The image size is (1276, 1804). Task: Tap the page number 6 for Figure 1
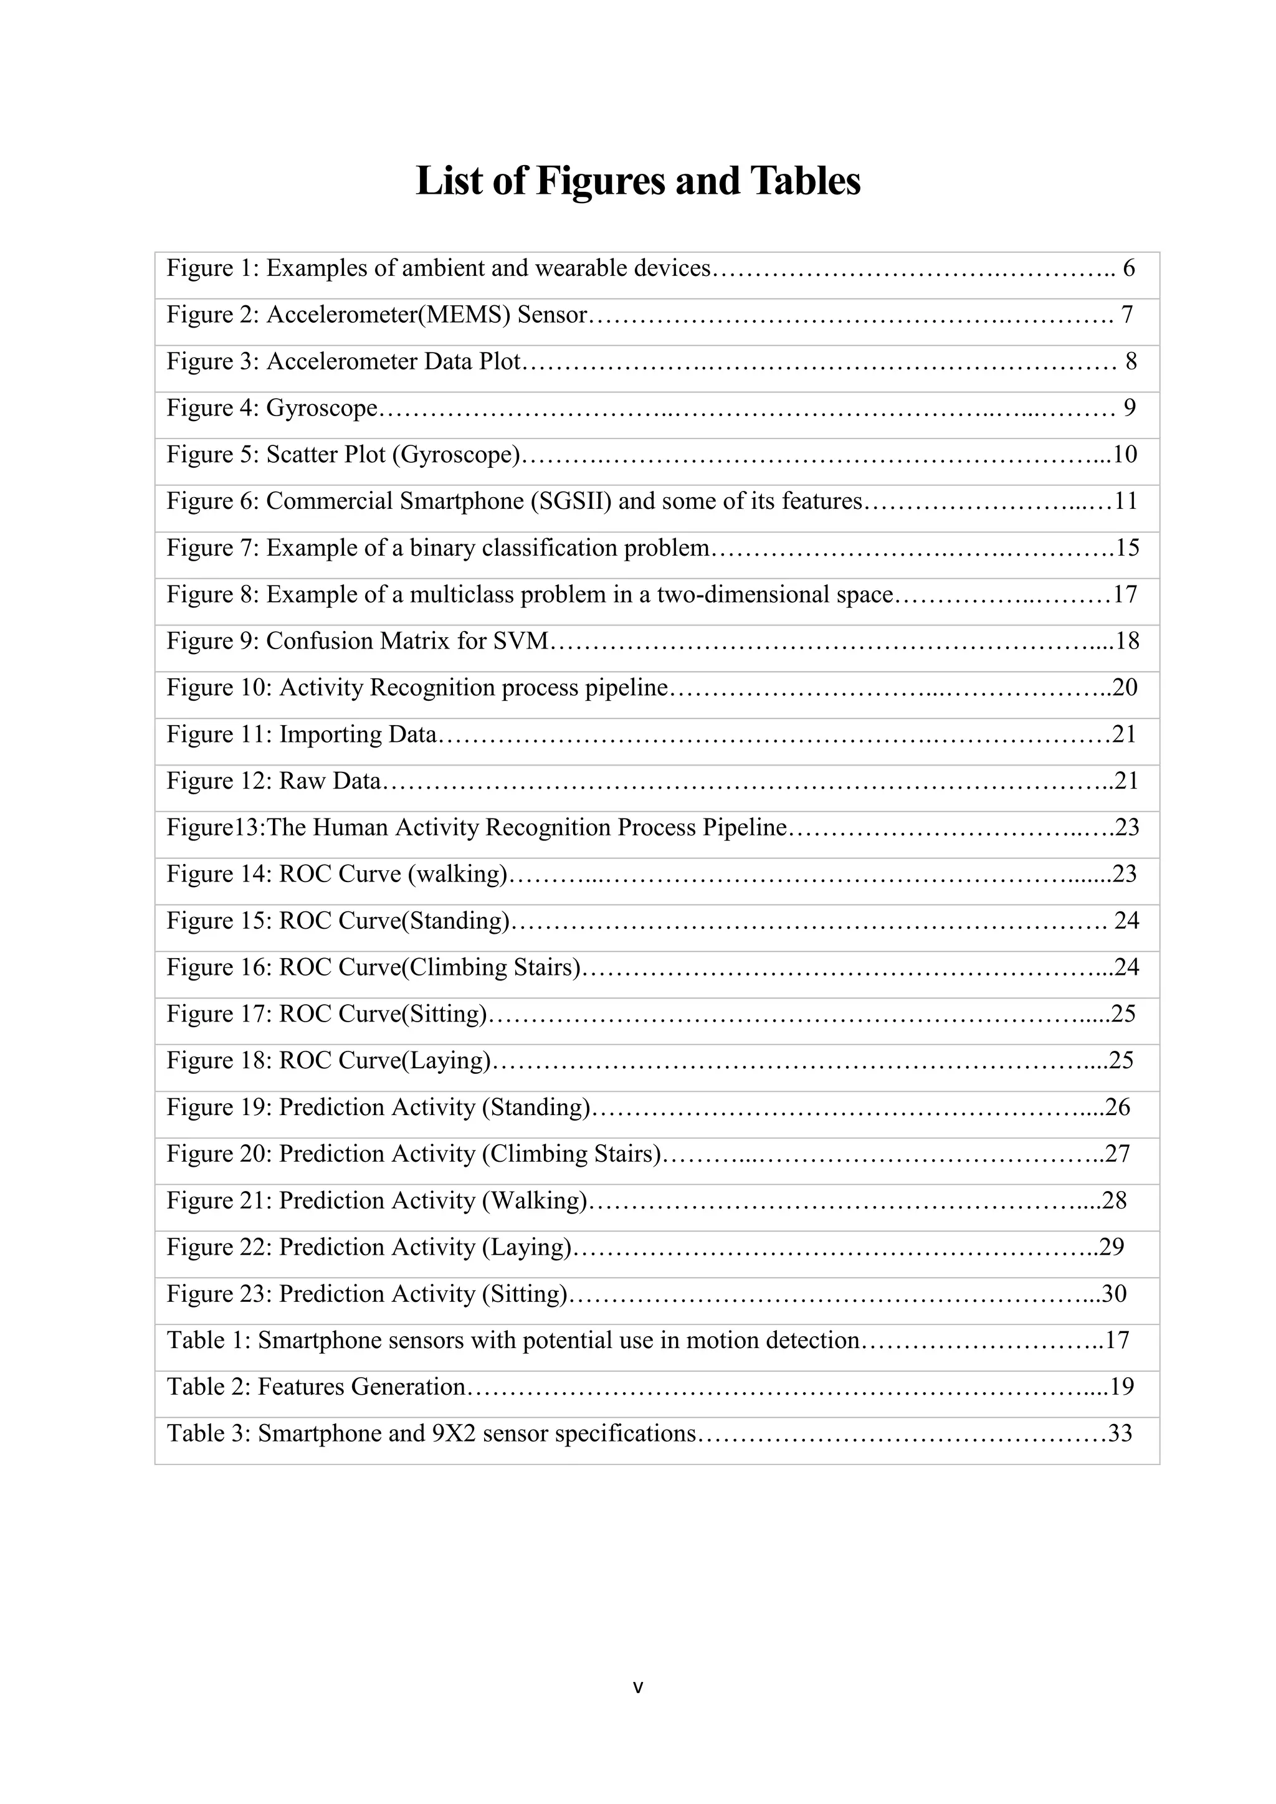pyautogui.click(x=1128, y=268)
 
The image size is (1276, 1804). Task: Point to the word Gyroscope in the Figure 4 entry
pyautogui.click(x=322, y=409)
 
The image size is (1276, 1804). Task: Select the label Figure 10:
pyautogui.click(x=219, y=688)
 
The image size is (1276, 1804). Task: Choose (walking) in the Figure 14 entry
pyautogui.click(x=457, y=875)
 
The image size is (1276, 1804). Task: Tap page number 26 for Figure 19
pyautogui.click(x=1117, y=1107)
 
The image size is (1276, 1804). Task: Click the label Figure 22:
pyautogui.click(x=219, y=1248)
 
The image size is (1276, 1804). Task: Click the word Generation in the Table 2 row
pyautogui.click(x=408, y=1387)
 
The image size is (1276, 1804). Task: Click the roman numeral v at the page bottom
pyautogui.click(x=638, y=1686)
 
